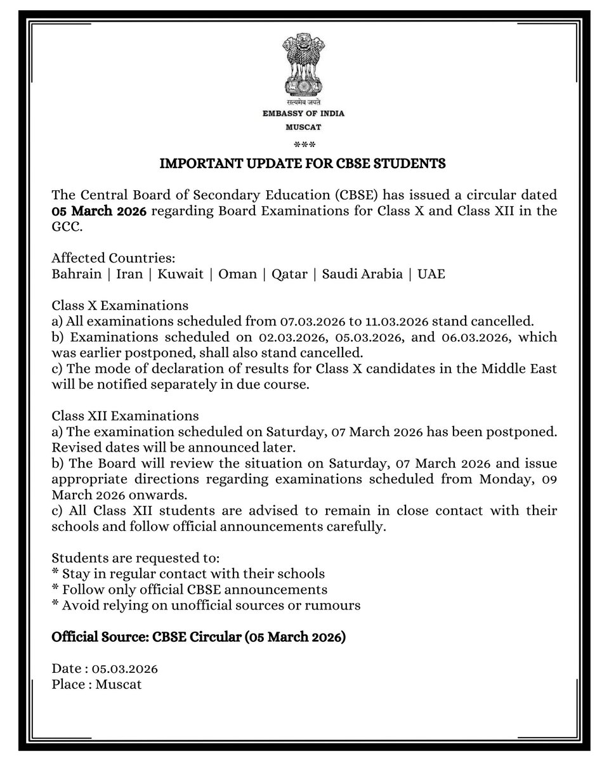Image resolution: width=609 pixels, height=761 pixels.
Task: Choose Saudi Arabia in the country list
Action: pyautogui.click(x=362, y=274)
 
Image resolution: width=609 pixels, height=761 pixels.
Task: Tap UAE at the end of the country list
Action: pyautogui.click(x=431, y=274)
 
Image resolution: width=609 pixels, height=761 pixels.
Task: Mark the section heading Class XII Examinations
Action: pyautogui.click(x=125, y=416)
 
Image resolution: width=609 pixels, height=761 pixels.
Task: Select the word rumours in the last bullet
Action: pyautogui.click(x=335, y=606)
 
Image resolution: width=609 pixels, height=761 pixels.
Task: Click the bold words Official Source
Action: pyautogui.click(x=98, y=637)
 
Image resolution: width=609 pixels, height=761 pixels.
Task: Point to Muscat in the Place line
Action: pyautogui.click(x=119, y=685)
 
